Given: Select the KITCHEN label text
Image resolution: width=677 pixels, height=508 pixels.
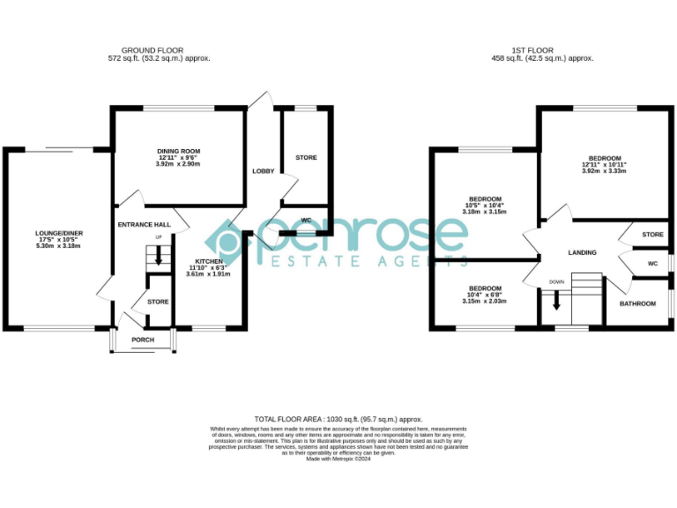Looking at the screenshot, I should pyautogui.click(x=209, y=261).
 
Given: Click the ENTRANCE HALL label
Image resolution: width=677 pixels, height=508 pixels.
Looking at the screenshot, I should pyautogui.click(x=144, y=225).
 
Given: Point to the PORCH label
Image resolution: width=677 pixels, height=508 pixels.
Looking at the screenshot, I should pyautogui.click(x=142, y=340).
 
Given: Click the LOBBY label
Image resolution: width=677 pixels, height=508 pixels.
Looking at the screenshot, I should pyautogui.click(x=263, y=170).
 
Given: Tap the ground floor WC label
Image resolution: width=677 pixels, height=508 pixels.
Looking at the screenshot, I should pyautogui.click(x=306, y=220).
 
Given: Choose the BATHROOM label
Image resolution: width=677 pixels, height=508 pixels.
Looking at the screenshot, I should pyautogui.click(x=637, y=303).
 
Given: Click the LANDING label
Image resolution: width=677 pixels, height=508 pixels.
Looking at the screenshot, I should pyautogui.click(x=582, y=252).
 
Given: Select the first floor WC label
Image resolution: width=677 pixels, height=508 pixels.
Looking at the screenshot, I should pyautogui.click(x=652, y=263).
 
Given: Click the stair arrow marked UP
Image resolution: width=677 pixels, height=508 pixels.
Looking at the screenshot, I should pyautogui.click(x=159, y=257).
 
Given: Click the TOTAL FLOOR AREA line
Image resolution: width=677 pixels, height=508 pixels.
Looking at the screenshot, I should pyautogui.click(x=338, y=419).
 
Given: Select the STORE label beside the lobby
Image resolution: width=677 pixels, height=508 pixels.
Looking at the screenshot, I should pyautogui.click(x=306, y=158).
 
